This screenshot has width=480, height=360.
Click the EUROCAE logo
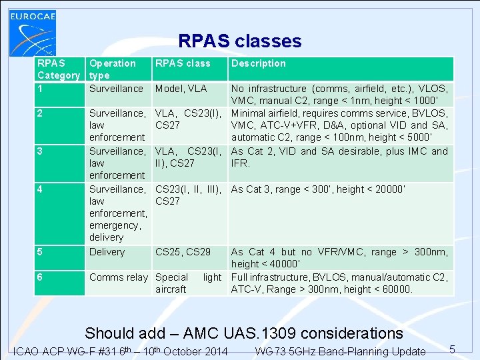[x=32, y=29]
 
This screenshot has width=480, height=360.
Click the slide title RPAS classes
[x=239, y=41]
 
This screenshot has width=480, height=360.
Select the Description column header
[x=258, y=63]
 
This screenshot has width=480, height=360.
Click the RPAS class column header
[x=182, y=63]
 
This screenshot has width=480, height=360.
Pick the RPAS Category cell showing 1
[x=41, y=89]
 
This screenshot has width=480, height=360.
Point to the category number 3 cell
[x=41, y=151]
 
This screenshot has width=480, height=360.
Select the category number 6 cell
[x=41, y=277]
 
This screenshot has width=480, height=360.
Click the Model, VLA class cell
[x=181, y=89]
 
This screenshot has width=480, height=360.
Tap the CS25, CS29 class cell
[x=183, y=252]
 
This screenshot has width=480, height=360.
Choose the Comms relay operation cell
[x=119, y=277]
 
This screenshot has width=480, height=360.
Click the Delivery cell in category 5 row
[x=107, y=252]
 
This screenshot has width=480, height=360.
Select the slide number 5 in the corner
[x=451, y=349]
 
